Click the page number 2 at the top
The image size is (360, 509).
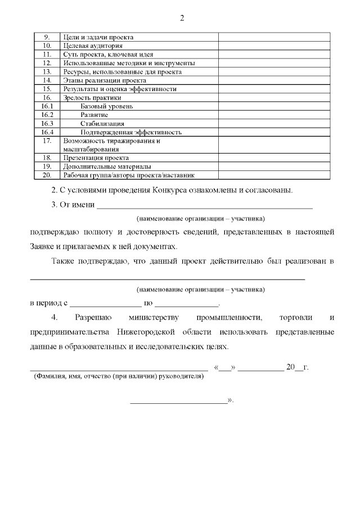tap(182, 17)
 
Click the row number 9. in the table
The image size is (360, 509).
tap(47, 37)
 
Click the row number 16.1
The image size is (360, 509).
tap(47, 106)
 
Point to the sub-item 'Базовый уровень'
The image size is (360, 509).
tap(107, 106)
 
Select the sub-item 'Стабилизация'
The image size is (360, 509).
tap(102, 123)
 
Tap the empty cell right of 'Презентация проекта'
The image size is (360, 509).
tap(274, 158)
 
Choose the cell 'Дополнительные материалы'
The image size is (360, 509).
tap(107, 166)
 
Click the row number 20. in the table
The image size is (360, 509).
tap(47, 175)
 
